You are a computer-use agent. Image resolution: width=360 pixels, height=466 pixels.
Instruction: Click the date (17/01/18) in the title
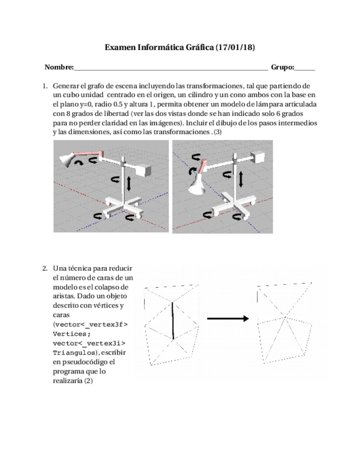coord(235,48)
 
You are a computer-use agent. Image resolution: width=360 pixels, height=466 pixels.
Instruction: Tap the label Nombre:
coord(59,68)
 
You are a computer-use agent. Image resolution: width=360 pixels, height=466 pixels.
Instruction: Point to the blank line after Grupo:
coord(305,69)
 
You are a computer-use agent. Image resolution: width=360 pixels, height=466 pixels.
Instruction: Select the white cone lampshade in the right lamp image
coord(196,187)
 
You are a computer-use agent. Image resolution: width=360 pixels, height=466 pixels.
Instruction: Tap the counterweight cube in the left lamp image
coord(145,170)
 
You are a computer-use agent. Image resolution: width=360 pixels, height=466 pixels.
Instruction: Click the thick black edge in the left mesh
coord(173,320)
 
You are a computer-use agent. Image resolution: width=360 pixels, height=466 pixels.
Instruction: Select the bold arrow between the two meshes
coord(225,318)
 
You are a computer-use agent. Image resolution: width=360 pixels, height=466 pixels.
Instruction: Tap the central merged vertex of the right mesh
coord(285,317)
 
